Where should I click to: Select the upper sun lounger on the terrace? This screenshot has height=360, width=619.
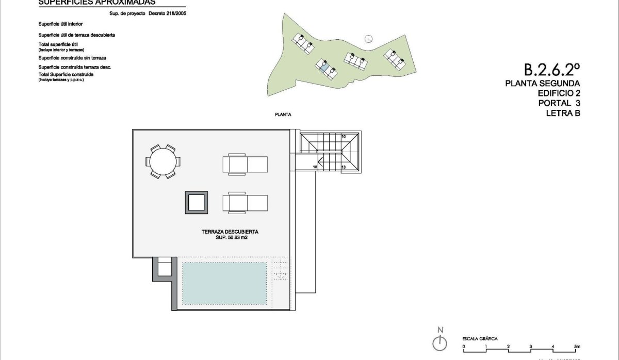point(245,164)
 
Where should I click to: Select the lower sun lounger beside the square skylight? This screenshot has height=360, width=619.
point(245,203)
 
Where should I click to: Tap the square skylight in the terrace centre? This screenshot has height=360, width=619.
point(197,202)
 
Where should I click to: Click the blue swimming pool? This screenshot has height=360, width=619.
point(224,283)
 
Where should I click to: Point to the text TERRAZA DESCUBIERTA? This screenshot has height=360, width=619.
point(230,232)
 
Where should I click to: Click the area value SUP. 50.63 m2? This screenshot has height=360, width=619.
point(230,238)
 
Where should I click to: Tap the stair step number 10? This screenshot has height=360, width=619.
point(343,137)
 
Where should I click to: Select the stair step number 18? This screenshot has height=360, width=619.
point(315,167)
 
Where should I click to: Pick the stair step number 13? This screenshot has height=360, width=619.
point(343,167)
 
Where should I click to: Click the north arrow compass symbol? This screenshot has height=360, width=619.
point(439,342)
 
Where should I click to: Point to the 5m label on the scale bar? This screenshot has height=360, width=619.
point(577,346)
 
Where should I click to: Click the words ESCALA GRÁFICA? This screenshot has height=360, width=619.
point(480,338)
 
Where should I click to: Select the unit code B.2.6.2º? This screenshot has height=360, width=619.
point(552,69)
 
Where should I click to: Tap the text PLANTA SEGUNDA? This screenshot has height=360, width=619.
point(543,84)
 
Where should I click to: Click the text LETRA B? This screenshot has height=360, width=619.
point(563,113)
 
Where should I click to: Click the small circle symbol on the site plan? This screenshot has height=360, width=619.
point(368,38)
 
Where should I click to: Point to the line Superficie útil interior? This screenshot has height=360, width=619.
point(60,24)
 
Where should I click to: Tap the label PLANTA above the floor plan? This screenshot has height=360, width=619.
point(284,115)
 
